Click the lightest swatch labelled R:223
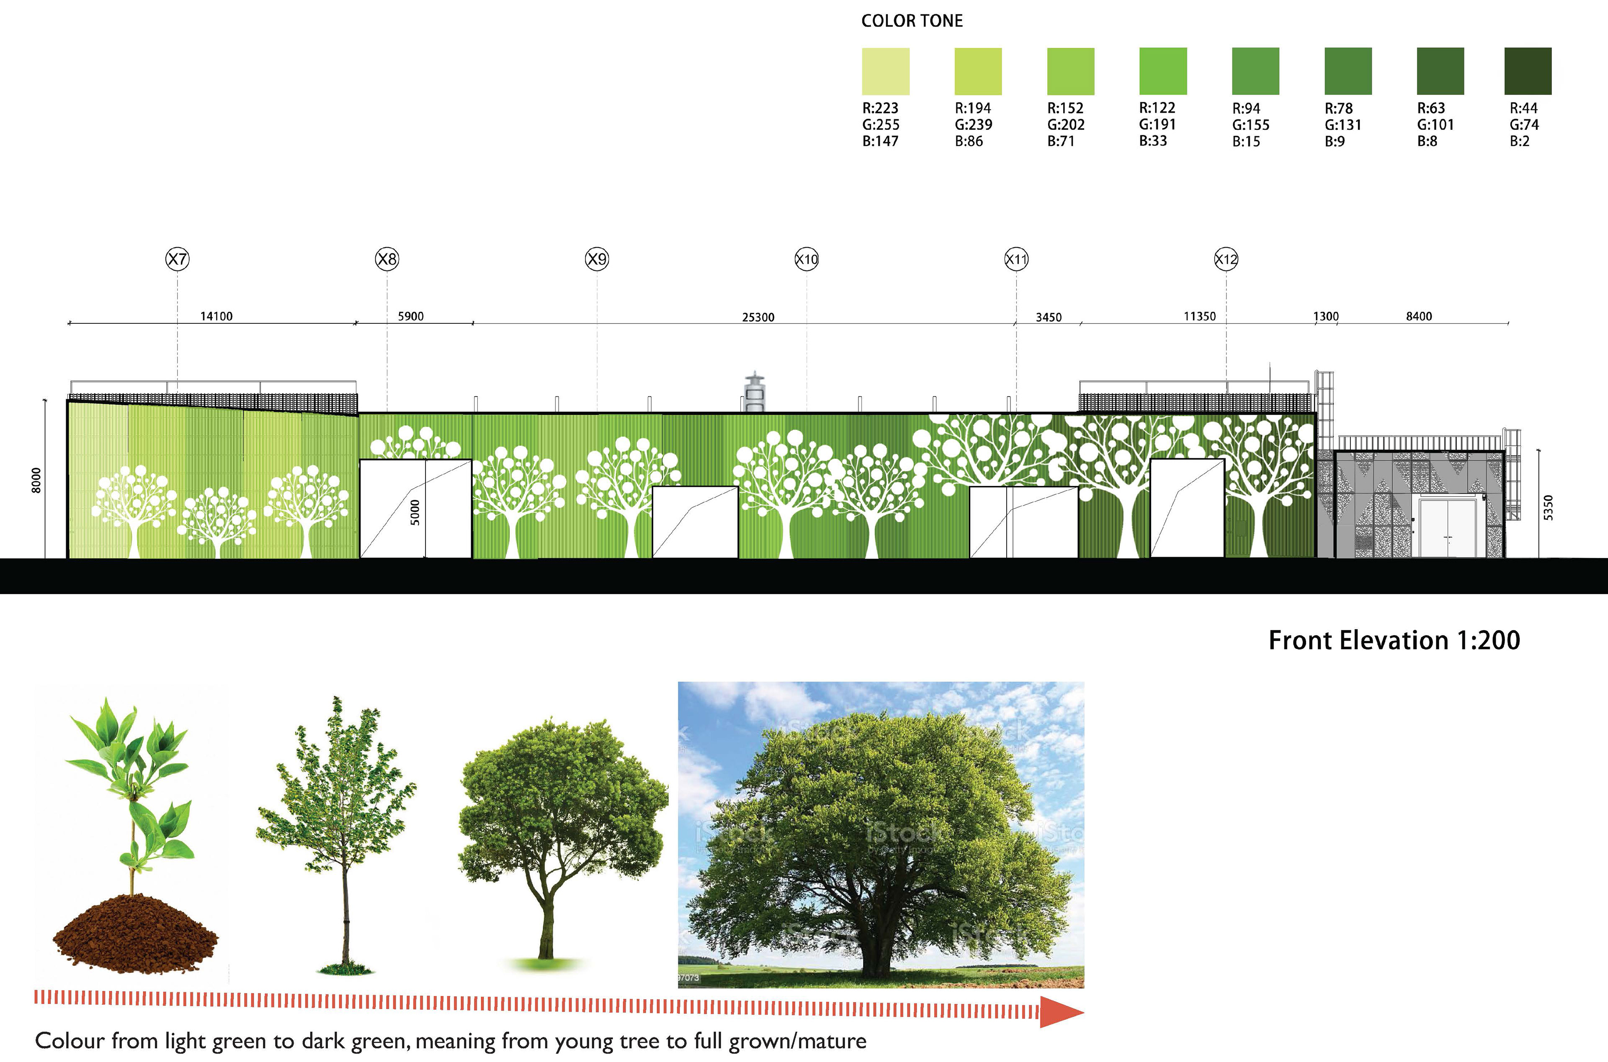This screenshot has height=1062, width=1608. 885,71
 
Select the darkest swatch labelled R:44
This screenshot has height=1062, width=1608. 1528,71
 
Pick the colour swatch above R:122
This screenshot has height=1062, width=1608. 1162,71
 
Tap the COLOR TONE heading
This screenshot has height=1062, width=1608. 911,21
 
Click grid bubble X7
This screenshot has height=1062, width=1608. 178,259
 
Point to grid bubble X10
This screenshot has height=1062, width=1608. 807,259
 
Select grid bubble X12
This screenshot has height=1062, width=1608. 1225,259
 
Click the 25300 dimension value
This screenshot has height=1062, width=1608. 758,317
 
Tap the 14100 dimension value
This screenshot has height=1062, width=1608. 216,316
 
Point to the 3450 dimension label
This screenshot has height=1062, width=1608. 1048,317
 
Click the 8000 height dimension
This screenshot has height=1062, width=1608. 36,480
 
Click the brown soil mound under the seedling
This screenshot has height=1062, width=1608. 135,935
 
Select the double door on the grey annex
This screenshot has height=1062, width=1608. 1448,528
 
